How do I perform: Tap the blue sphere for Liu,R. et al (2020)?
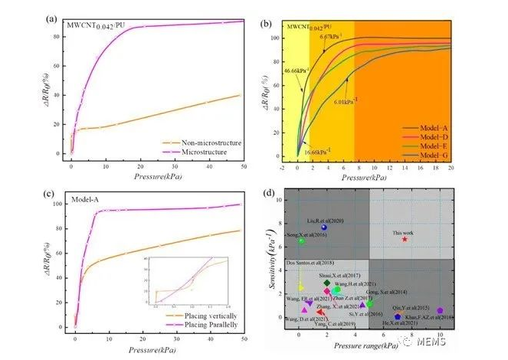click(x=323, y=227)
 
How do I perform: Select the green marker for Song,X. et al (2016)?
click(x=301, y=241)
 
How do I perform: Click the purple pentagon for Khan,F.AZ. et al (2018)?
click(x=441, y=311)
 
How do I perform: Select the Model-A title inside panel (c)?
click(x=84, y=200)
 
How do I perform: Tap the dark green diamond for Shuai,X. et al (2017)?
click(x=327, y=283)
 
